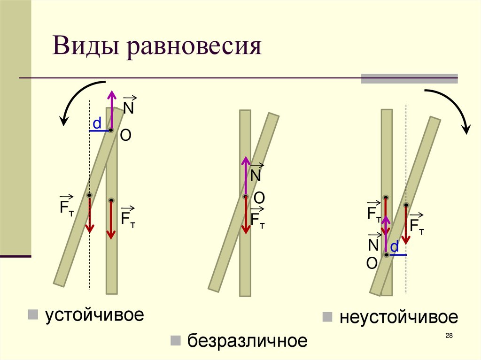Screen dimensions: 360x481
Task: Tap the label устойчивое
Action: pyautogui.click(x=94, y=315)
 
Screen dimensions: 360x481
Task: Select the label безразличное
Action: pyautogui.click(x=248, y=340)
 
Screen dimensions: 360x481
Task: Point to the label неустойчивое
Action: pyautogui.click(x=398, y=317)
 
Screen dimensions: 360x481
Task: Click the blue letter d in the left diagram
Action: pyautogui.click(x=97, y=123)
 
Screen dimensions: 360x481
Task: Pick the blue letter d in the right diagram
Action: pyautogui.click(x=395, y=246)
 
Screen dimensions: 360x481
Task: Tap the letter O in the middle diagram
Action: pyautogui.click(x=259, y=199)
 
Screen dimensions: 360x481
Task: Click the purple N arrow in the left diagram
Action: pyautogui.click(x=112, y=110)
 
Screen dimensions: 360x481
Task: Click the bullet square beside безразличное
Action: pyautogui.click(x=176, y=340)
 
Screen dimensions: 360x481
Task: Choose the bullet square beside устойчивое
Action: pyautogui.click(x=33, y=314)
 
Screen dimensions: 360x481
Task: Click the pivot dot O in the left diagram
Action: pyautogui.click(x=111, y=130)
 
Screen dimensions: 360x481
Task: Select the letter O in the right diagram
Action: pyautogui.click(x=372, y=264)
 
